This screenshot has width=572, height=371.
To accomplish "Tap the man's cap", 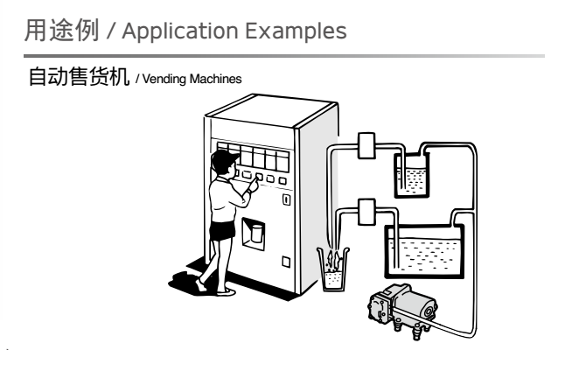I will pos(226,157).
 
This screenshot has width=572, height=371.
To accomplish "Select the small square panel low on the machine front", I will pos(285,261).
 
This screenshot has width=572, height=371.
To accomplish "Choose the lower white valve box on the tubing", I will pos(366,211).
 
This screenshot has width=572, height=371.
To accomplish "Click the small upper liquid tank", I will pos(413,175).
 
